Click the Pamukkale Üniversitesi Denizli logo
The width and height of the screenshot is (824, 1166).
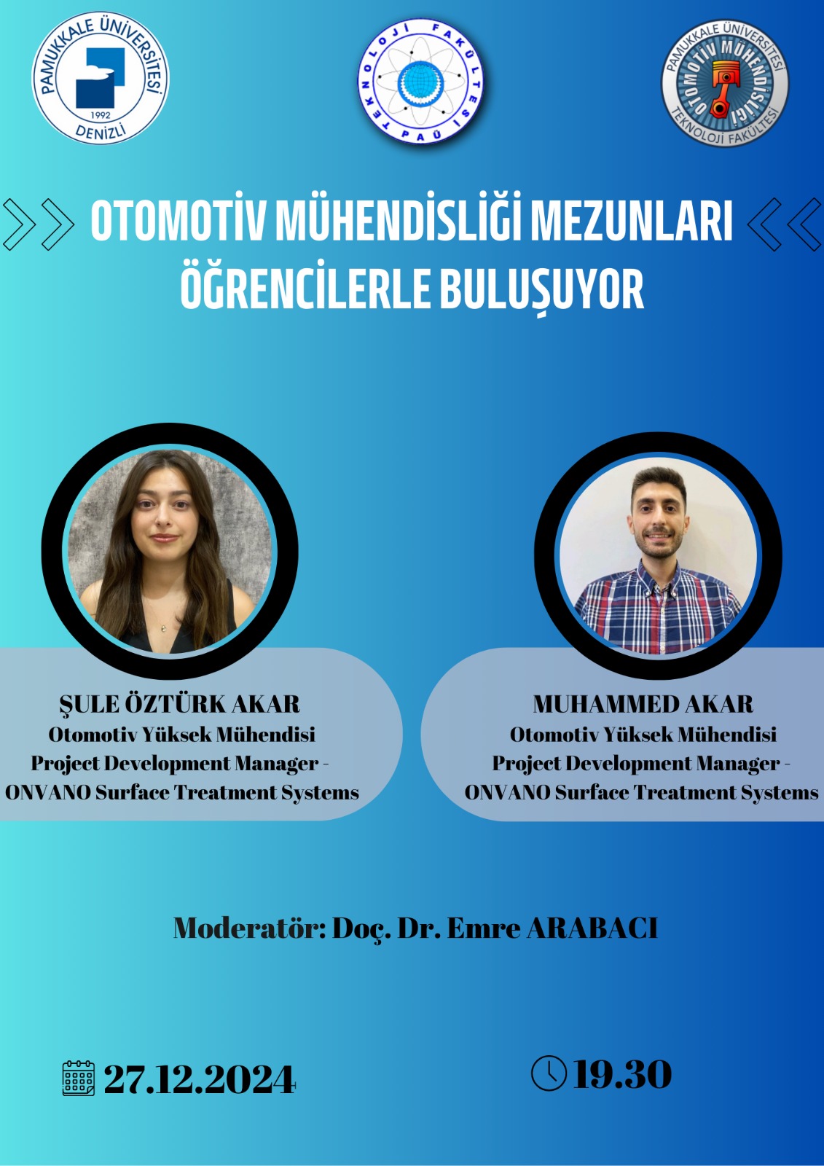pyautogui.click(x=101, y=78)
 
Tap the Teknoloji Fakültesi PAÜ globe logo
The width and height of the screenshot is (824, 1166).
pyautogui.click(x=420, y=81)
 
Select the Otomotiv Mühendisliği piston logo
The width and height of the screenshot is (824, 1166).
pyautogui.click(x=725, y=82)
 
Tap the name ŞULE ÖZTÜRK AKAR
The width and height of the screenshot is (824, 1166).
pyautogui.click(x=179, y=704)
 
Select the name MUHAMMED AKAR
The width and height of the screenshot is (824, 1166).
pyautogui.click(x=643, y=704)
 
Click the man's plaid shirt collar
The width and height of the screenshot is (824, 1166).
pyautogui.click(x=659, y=578)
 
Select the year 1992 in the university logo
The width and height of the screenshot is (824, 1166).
pyautogui.click(x=101, y=116)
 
